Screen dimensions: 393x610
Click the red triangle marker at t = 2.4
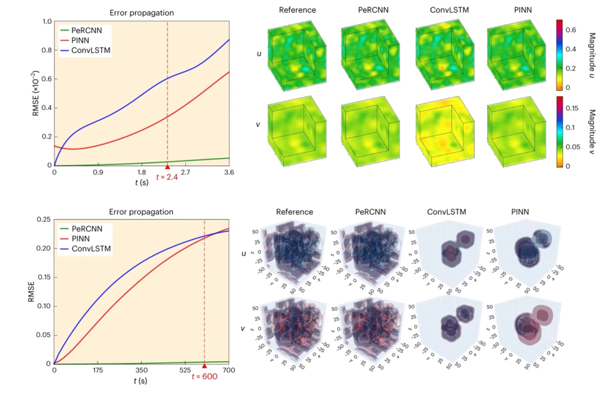pyautogui.click(x=167, y=167)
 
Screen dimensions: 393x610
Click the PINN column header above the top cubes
pyautogui.click(x=508, y=10)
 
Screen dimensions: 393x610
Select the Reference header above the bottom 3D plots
pyautogui.click(x=294, y=212)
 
